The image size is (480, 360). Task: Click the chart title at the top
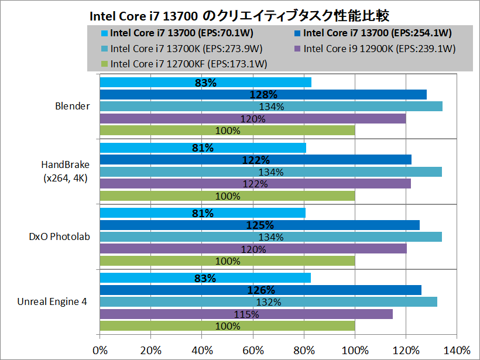tap(239, 15)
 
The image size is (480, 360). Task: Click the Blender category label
tap(73, 106)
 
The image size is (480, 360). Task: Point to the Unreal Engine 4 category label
tap(52, 302)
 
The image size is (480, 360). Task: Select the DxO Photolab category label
tap(60, 236)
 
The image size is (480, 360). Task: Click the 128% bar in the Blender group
tap(263, 95)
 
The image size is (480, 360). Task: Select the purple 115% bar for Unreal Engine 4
tap(246, 314)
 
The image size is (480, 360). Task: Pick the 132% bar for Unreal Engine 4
tap(269, 302)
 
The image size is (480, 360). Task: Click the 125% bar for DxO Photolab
tap(260, 225)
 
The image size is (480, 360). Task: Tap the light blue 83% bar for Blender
tap(205, 83)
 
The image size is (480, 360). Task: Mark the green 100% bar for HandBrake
tap(227, 196)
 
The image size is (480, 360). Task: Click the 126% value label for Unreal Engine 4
tap(261, 290)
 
